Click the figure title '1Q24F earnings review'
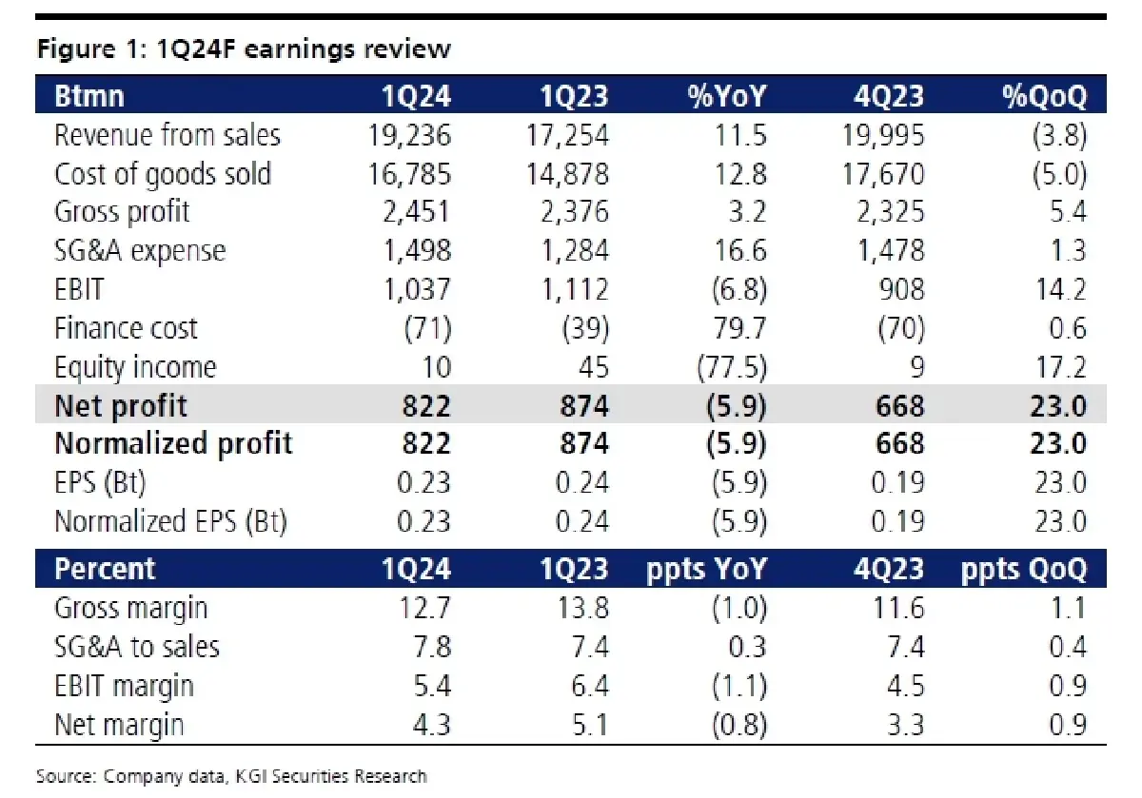[x=304, y=49]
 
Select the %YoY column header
[x=726, y=95]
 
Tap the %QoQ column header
[x=1045, y=95]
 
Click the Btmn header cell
[x=89, y=95]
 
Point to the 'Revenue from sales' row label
[x=167, y=135]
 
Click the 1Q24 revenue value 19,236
[x=409, y=136]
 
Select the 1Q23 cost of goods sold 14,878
[x=567, y=174]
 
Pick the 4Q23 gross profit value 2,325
[x=890, y=212]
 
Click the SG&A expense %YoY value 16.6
[x=740, y=251]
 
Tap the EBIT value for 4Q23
[x=901, y=289]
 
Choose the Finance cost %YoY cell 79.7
[x=739, y=328]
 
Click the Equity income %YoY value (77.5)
[x=732, y=367]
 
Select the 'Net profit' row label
[x=120, y=406]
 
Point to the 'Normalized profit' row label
[x=173, y=443]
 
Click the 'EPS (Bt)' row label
[x=100, y=482]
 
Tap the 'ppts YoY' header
[x=706, y=569]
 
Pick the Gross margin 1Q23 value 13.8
[x=583, y=608]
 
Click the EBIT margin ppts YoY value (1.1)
[x=739, y=686]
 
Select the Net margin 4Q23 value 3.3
[x=905, y=725]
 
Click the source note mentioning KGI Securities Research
[x=231, y=776]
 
